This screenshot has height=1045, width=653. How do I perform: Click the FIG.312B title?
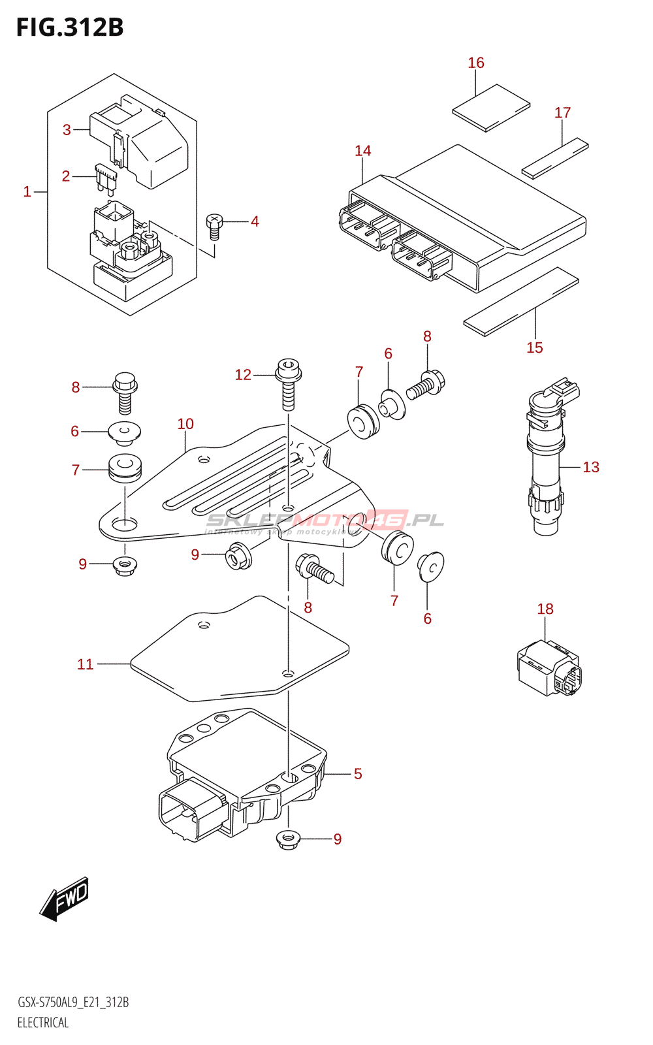pos(70,27)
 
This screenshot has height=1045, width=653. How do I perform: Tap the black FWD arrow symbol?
pos(64,899)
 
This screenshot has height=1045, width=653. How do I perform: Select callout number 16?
pos(476,63)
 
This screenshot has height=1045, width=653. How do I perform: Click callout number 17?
pos(562,113)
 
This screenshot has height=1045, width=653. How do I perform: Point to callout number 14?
pos(363,151)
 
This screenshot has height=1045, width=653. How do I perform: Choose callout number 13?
pos(591,467)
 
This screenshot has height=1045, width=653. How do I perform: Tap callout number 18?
pos(545,609)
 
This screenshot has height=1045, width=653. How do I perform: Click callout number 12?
pos(243,375)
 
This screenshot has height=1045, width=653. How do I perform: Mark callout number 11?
pos(86,664)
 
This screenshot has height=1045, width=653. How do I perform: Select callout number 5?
pos(358,774)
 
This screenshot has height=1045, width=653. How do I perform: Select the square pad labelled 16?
pos(491,108)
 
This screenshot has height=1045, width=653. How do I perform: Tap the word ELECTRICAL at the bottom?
pos(43,1023)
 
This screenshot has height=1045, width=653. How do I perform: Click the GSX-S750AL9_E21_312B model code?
pos(73,1003)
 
